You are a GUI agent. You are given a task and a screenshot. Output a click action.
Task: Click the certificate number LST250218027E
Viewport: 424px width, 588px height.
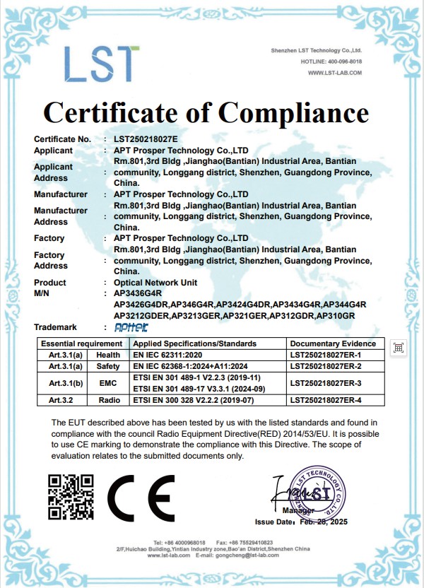pyautogui.click(x=146, y=139)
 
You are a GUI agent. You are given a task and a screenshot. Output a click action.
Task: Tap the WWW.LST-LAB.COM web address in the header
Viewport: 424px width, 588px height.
pyautogui.click(x=334, y=73)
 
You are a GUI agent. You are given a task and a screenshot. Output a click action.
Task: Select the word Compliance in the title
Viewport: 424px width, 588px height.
pyautogui.click(x=293, y=112)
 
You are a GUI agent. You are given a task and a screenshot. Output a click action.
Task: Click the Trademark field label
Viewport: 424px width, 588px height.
pyautogui.click(x=55, y=327)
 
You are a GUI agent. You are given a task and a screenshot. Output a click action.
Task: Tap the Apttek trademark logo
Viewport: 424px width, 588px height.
pyautogui.click(x=131, y=327)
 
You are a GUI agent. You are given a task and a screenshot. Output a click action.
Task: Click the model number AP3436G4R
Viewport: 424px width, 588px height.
pyautogui.click(x=138, y=293)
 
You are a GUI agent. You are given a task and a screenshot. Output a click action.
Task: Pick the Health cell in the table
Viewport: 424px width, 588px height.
pyautogui.click(x=108, y=355)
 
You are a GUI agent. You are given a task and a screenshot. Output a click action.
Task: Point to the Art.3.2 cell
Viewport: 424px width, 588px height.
pyautogui.click(x=66, y=400)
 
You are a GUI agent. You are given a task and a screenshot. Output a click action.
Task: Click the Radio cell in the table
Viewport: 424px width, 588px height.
pyautogui.click(x=108, y=400)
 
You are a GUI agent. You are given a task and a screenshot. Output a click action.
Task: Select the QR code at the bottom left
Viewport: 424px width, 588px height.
pyautogui.click(x=70, y=497)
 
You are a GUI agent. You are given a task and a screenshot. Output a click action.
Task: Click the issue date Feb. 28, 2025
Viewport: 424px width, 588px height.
pyautogui.click(x=324, y=522)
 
